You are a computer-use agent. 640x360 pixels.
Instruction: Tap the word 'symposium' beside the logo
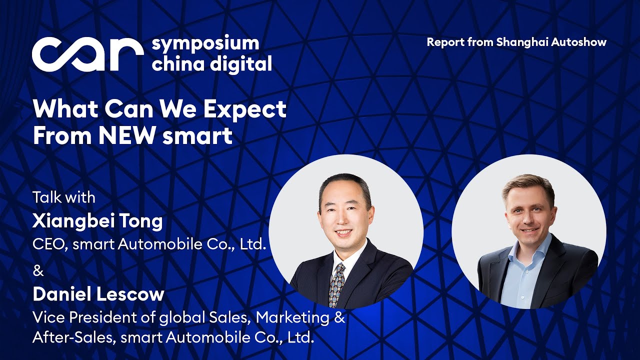205,44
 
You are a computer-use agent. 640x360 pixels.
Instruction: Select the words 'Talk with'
63,197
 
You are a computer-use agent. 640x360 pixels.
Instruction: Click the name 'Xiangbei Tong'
97,220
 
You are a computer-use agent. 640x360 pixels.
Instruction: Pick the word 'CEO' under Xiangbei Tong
47,245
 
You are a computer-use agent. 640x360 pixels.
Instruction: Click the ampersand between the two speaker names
38,271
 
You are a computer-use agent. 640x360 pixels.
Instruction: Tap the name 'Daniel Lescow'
98,294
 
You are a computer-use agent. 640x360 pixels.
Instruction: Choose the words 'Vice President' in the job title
82,317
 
